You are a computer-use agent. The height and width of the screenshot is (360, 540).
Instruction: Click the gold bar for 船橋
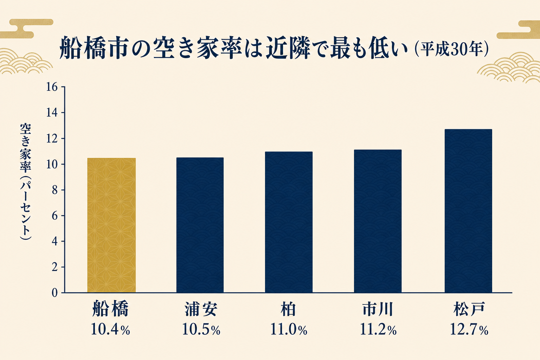pyautogui.click(x=111, y=225)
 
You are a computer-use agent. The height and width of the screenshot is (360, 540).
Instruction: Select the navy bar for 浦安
pyautogui.click(x=200, y=225)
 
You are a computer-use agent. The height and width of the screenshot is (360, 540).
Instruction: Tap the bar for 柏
pyautogui.click(x=289, y=222)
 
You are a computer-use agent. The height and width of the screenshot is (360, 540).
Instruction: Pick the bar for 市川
pyautogui.click(x=378, y=221)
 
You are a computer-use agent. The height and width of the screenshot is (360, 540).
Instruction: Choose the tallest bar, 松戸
pyautogui.click(x=468, y=211)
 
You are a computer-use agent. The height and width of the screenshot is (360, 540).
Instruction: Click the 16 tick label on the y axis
pyautogui.click(x=52, y=87)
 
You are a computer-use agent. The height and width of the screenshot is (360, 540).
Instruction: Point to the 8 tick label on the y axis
pyautogui.click(x=55, y=190)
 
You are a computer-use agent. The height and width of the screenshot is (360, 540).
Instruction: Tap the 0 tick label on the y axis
pyautogui.click(x=55, y=293)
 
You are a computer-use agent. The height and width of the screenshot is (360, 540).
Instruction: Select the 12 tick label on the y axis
pyautogui.click(x=52, y=139)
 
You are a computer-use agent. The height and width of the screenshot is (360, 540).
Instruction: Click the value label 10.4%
pyautogui.click(x=110, y=329)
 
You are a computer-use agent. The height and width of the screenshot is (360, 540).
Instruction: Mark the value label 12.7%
pyautogui.click(x=469, y=330)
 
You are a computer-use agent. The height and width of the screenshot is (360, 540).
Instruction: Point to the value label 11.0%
pyautogui.click(x=289, y=330)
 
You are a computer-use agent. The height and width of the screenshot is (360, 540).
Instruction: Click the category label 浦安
pyautogui.click(x=201, y=309)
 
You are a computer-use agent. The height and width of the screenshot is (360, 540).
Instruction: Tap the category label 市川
pyautogui.click(x=378, y=309)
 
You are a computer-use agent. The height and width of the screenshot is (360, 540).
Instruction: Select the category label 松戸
pyautogui.click(x=469, y=309)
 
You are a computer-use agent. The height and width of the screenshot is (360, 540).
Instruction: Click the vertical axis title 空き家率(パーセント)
pyautogui.click(x=25, y=181)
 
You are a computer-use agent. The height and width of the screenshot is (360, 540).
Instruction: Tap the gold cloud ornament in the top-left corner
pyautogui.click(x=26, y=28)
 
